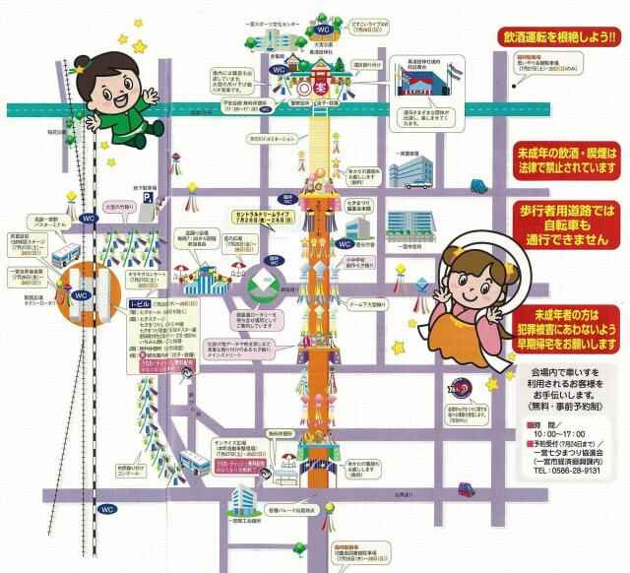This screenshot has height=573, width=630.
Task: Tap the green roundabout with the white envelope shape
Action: point(266,285)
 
